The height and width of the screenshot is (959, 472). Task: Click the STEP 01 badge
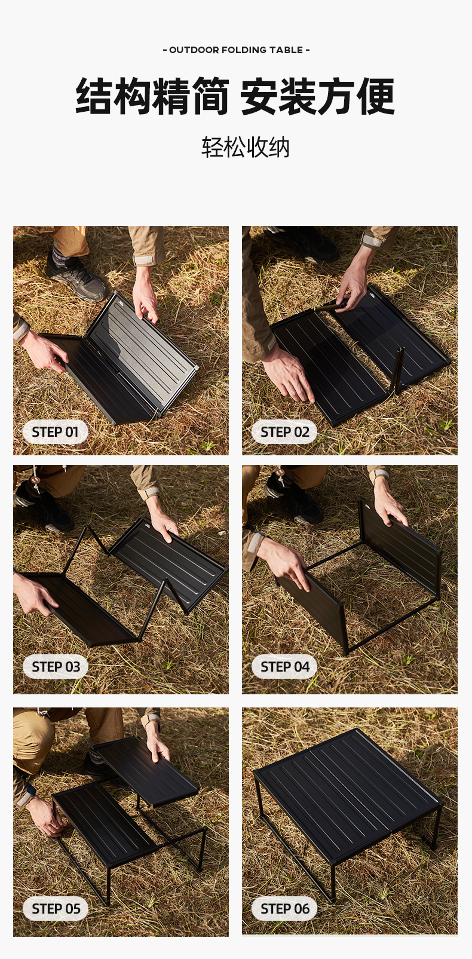55,432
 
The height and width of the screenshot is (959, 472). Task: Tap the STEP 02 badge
284,432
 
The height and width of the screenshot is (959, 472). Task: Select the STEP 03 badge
55,667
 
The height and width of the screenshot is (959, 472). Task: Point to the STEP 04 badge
284,667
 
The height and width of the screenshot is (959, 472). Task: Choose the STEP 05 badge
55,908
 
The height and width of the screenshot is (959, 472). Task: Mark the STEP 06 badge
284,908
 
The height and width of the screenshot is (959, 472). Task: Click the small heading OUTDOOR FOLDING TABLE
236,50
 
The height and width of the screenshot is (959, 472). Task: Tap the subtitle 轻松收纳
246,147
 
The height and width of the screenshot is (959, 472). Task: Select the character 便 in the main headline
376,96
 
